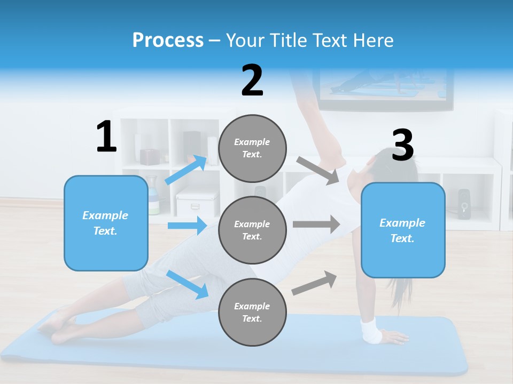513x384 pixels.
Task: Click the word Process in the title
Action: click(168, 41)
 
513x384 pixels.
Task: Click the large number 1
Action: click(106, 137)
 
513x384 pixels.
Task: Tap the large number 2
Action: click(252, 81)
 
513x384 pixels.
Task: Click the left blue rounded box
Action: click(106, 223)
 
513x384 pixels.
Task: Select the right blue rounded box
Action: click(403, 230)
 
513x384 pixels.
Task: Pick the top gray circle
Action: click(252, 148)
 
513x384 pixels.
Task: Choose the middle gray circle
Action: click(252, 230)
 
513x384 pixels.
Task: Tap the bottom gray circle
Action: click(252, 313)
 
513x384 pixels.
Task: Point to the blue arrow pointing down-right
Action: click(188, 284)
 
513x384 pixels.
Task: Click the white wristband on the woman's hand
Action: click(371, 331)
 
